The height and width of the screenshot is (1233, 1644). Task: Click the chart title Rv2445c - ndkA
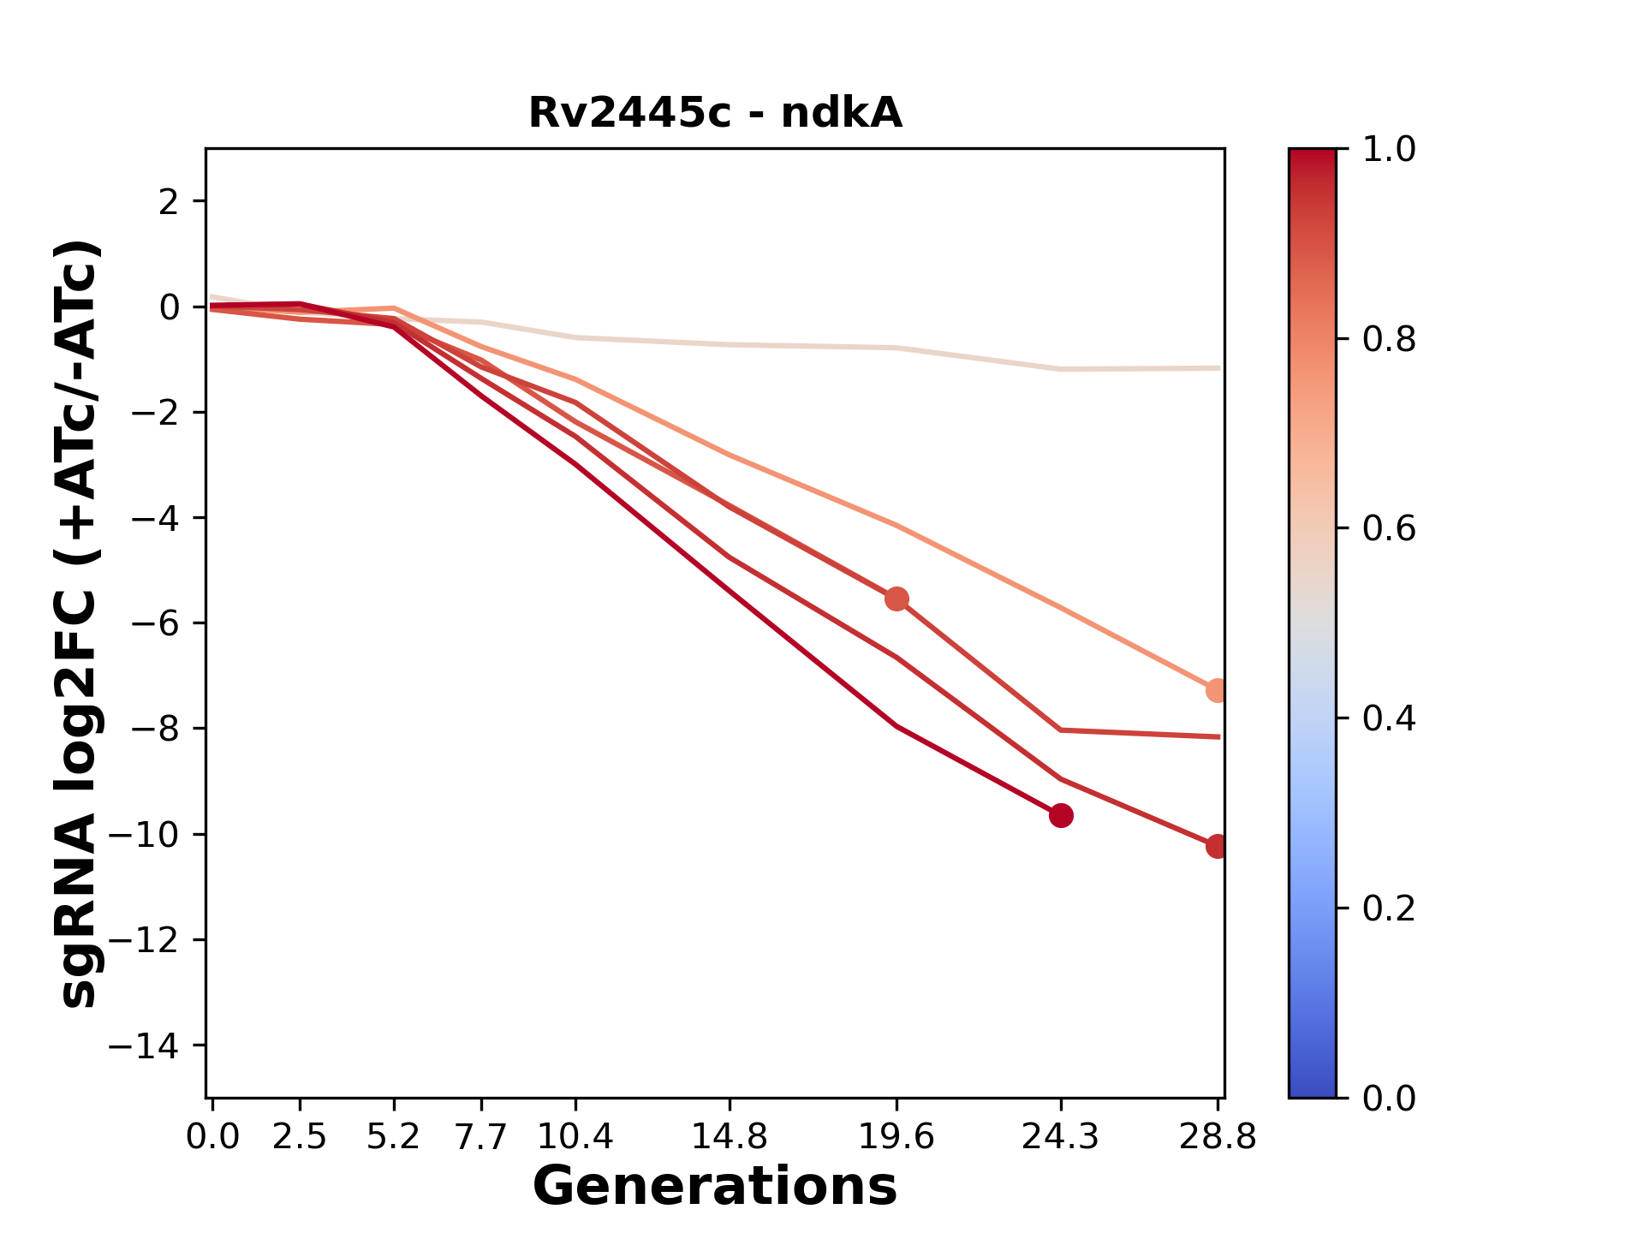pos(715,113)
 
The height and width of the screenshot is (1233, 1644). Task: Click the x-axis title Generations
pos(715,1187)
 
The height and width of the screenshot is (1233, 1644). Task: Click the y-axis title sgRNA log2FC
pos(79,623)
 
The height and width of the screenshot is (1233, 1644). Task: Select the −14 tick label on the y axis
pos(143,1045)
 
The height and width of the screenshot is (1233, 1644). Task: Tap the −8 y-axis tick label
pos(155,729)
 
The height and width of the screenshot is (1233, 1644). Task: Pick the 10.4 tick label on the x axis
pos(575,1137)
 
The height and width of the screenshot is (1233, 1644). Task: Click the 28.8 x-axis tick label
pos(1218,1137)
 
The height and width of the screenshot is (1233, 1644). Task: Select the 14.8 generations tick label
pos(730,1137)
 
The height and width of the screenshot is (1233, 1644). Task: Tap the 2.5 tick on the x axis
pos(300,1137)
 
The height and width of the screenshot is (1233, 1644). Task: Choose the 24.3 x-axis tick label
pos(1060,1137)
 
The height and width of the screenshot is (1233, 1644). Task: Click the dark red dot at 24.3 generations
pos(1061,815)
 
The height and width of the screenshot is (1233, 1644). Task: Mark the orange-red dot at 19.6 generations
pos(896,599)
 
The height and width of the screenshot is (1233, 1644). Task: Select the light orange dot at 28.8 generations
pos(1217,690)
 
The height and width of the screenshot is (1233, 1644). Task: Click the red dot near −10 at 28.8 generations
pos(1217,846)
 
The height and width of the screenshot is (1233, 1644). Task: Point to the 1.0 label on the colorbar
pos(1389,150)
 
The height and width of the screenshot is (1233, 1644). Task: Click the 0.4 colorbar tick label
pos(1389,718)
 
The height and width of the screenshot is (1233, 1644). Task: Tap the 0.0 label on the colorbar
pos(1389,1098)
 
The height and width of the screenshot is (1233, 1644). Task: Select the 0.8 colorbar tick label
pos(1389,340)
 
